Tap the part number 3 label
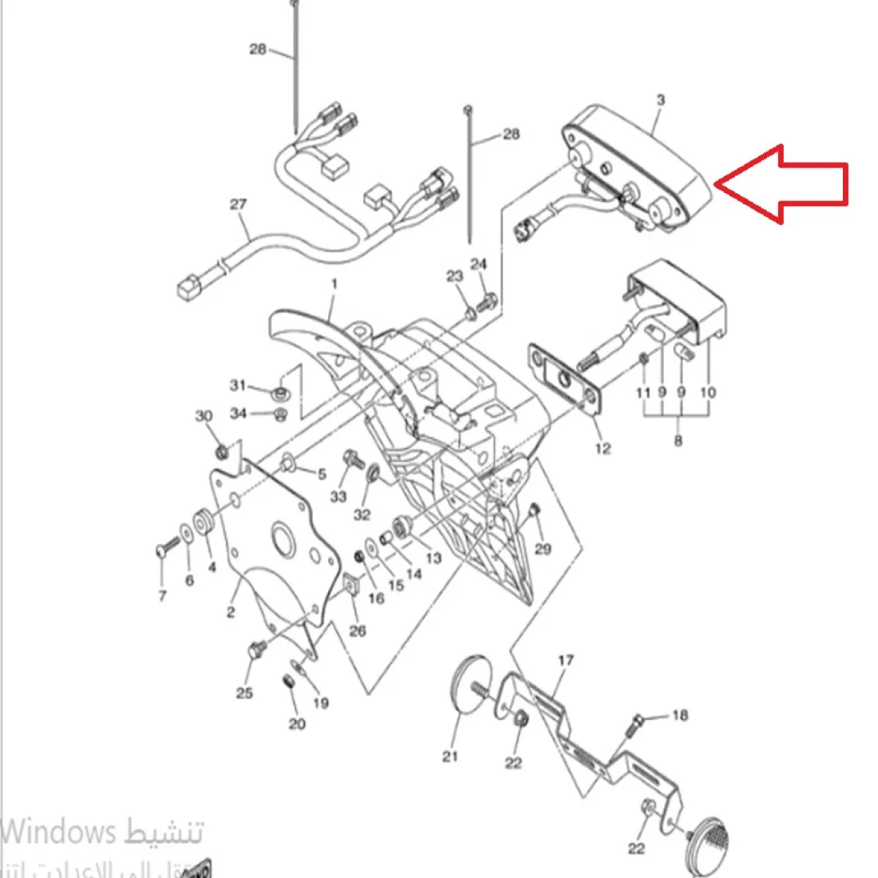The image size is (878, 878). click(660, 101)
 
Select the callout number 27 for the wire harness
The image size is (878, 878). click(239, 204)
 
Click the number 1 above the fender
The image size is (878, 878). click(334, 283)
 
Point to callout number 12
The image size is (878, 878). click(603, 449)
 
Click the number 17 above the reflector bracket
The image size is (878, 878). click(566, 661)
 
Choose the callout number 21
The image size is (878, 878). click(450, 756)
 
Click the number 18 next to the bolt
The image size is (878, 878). click(679, 716)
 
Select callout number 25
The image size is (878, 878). click(244, 693)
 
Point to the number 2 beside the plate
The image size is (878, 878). click(231, 612)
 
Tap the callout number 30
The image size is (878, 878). click(204, 416)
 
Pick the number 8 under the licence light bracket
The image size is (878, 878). click(678, 441)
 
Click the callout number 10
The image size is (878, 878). click(708, 393)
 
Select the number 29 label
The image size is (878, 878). click(543, 548)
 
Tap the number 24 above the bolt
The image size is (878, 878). click(478, 264)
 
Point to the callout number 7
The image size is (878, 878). click(162, 596)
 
